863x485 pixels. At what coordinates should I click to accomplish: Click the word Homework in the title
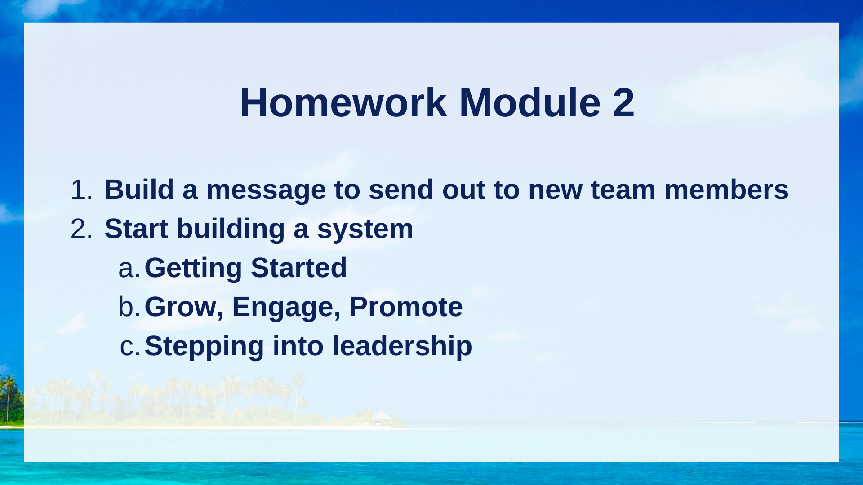(343, 103)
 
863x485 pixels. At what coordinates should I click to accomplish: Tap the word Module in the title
(529, 103)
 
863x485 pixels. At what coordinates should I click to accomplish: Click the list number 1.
(81, 190)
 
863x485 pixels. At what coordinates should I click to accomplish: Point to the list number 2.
(81, 229)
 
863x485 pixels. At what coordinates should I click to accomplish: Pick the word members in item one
(726, 190)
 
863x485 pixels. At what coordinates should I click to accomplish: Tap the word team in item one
(623, 190)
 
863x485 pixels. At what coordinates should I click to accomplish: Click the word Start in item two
(136, 229)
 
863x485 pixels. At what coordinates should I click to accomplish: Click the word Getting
(193, 269)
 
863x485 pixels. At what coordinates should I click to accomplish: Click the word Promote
(406, 307)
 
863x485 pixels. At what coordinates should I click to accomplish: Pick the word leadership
(402, 346)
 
